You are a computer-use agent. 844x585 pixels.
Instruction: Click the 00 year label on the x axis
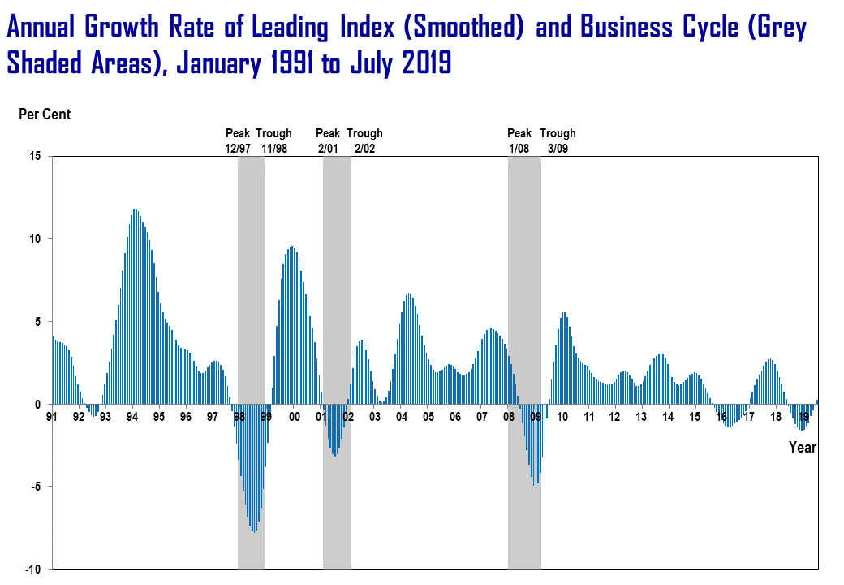coord(295,417)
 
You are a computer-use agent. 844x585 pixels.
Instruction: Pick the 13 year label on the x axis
coord(641,417)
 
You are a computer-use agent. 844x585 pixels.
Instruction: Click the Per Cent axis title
coord(45,115)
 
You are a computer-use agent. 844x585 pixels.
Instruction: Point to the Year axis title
coord(803,448)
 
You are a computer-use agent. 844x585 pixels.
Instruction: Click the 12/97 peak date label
coord(239,149)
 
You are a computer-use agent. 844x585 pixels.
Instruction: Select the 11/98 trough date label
coord(274,149)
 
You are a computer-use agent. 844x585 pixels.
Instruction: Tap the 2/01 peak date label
coord(328,149)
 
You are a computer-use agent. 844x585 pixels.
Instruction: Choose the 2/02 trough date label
coord(364,149)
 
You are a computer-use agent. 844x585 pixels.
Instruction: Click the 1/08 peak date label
coord(519,149)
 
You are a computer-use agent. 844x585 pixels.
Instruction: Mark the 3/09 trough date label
coord(558,149)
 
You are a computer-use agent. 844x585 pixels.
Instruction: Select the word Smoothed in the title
coord(467,28)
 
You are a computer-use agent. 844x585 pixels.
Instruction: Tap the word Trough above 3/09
coord(558,133)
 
